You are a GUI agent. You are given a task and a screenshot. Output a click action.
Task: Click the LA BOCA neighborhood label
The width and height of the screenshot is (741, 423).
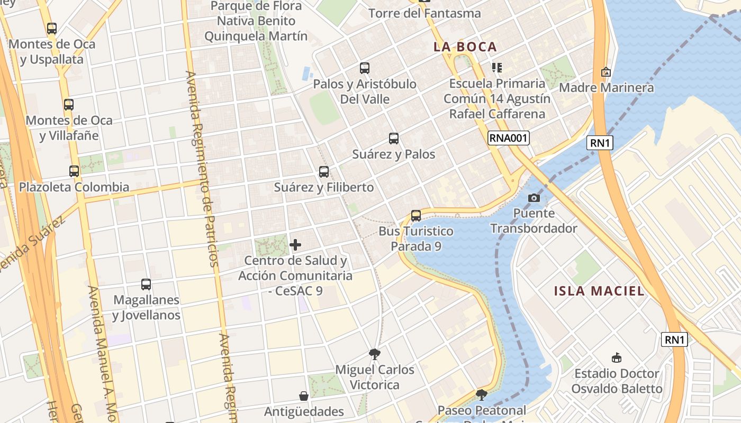tap(465, 47)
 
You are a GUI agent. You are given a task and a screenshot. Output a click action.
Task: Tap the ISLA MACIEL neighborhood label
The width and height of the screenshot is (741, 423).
tap(599, 291)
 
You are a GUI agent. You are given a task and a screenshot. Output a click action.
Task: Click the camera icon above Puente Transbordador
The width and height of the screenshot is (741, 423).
tap(534, 198)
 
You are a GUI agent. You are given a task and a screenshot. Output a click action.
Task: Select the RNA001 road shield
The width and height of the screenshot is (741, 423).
tap(508, 139)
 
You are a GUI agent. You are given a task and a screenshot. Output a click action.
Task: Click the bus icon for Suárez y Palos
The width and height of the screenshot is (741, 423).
tap(394, 139)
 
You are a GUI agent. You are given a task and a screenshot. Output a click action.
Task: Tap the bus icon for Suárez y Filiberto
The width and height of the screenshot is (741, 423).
tap(324, 172)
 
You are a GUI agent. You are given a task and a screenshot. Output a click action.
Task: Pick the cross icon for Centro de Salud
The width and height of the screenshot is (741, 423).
tap(295, 245)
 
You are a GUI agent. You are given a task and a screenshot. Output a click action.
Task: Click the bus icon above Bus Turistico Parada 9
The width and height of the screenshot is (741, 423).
tap(416, 216)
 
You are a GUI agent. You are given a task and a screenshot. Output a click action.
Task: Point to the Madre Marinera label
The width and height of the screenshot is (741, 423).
tap(607, 87)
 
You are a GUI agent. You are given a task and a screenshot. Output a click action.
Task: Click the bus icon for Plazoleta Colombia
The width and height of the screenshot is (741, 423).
tap(74, 171)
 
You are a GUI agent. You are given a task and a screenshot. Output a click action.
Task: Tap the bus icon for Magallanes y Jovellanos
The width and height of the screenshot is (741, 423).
tap(146, 284)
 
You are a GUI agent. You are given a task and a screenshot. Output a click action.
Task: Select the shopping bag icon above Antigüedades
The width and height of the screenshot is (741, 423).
tap(304, 396)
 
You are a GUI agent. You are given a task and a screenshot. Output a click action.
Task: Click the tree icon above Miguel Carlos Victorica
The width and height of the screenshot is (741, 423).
tap(375, 354)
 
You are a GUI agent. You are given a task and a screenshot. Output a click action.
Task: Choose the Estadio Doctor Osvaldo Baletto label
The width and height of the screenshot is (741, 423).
tap(617, 381)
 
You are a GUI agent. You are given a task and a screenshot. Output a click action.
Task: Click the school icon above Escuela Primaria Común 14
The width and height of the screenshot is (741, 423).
tap(496, 68)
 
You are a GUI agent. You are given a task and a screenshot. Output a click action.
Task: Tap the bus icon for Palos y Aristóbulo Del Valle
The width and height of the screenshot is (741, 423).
tap(365, 68)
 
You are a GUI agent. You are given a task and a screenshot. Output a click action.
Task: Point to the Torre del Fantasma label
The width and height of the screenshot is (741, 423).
tap(424, 13)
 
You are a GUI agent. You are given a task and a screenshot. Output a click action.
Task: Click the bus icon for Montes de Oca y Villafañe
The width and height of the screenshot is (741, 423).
tap(69, 105)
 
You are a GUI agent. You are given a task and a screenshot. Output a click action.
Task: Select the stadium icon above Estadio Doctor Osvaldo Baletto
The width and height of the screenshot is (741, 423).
tap(616, 357)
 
